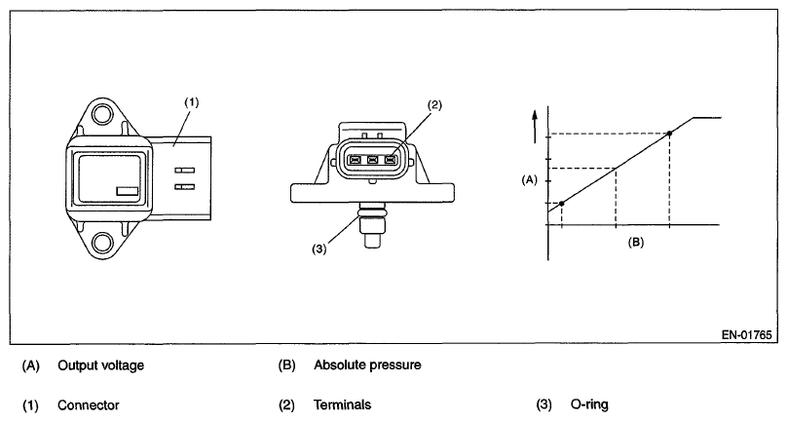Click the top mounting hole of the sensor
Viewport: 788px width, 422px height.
point(99,119)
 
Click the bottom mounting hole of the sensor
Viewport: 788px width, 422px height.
point(99,242)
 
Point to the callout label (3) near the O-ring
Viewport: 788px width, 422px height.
point(319,248)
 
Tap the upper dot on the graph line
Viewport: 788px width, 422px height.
point(668,134)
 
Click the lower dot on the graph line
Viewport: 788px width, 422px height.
point(562,203)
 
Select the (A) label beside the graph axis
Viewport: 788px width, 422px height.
point(530,179)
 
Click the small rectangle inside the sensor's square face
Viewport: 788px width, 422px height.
point(126,192)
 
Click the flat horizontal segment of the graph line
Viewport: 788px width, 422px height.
point(706,117)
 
